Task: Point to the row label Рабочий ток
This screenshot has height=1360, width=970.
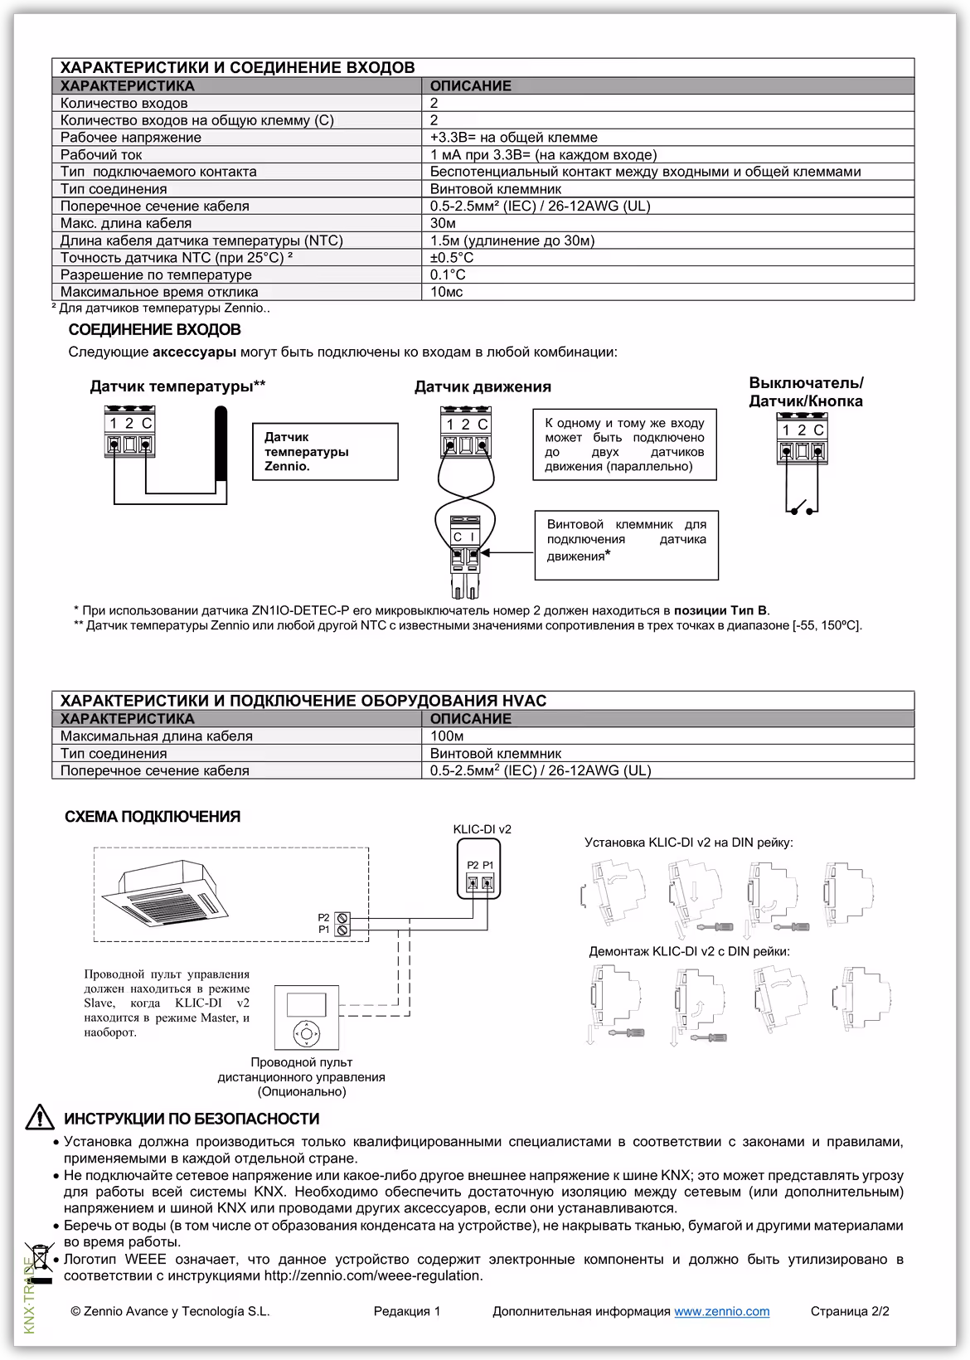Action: [101, 155]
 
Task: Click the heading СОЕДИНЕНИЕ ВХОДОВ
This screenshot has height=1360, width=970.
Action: [154, 330]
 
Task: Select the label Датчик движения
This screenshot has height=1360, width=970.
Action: [483, 386]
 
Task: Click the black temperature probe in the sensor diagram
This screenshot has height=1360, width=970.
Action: [220, 444]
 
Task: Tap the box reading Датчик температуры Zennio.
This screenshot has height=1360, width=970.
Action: [325, 451]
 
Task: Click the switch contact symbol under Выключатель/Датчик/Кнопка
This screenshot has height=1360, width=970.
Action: [802, 508]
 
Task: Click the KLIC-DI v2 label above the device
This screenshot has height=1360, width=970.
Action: [482, 829]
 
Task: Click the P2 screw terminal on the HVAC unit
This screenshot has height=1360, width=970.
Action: [342, 918]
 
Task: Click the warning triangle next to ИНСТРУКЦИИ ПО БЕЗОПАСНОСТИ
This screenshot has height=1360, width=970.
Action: [40, 1119]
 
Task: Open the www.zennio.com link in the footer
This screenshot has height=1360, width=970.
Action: [721, 1311]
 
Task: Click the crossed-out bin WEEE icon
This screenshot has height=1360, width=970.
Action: [39, 1259]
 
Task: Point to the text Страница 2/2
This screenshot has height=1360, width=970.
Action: [849, 1311]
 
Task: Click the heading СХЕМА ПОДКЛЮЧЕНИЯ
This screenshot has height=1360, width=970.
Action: [153, 817]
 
